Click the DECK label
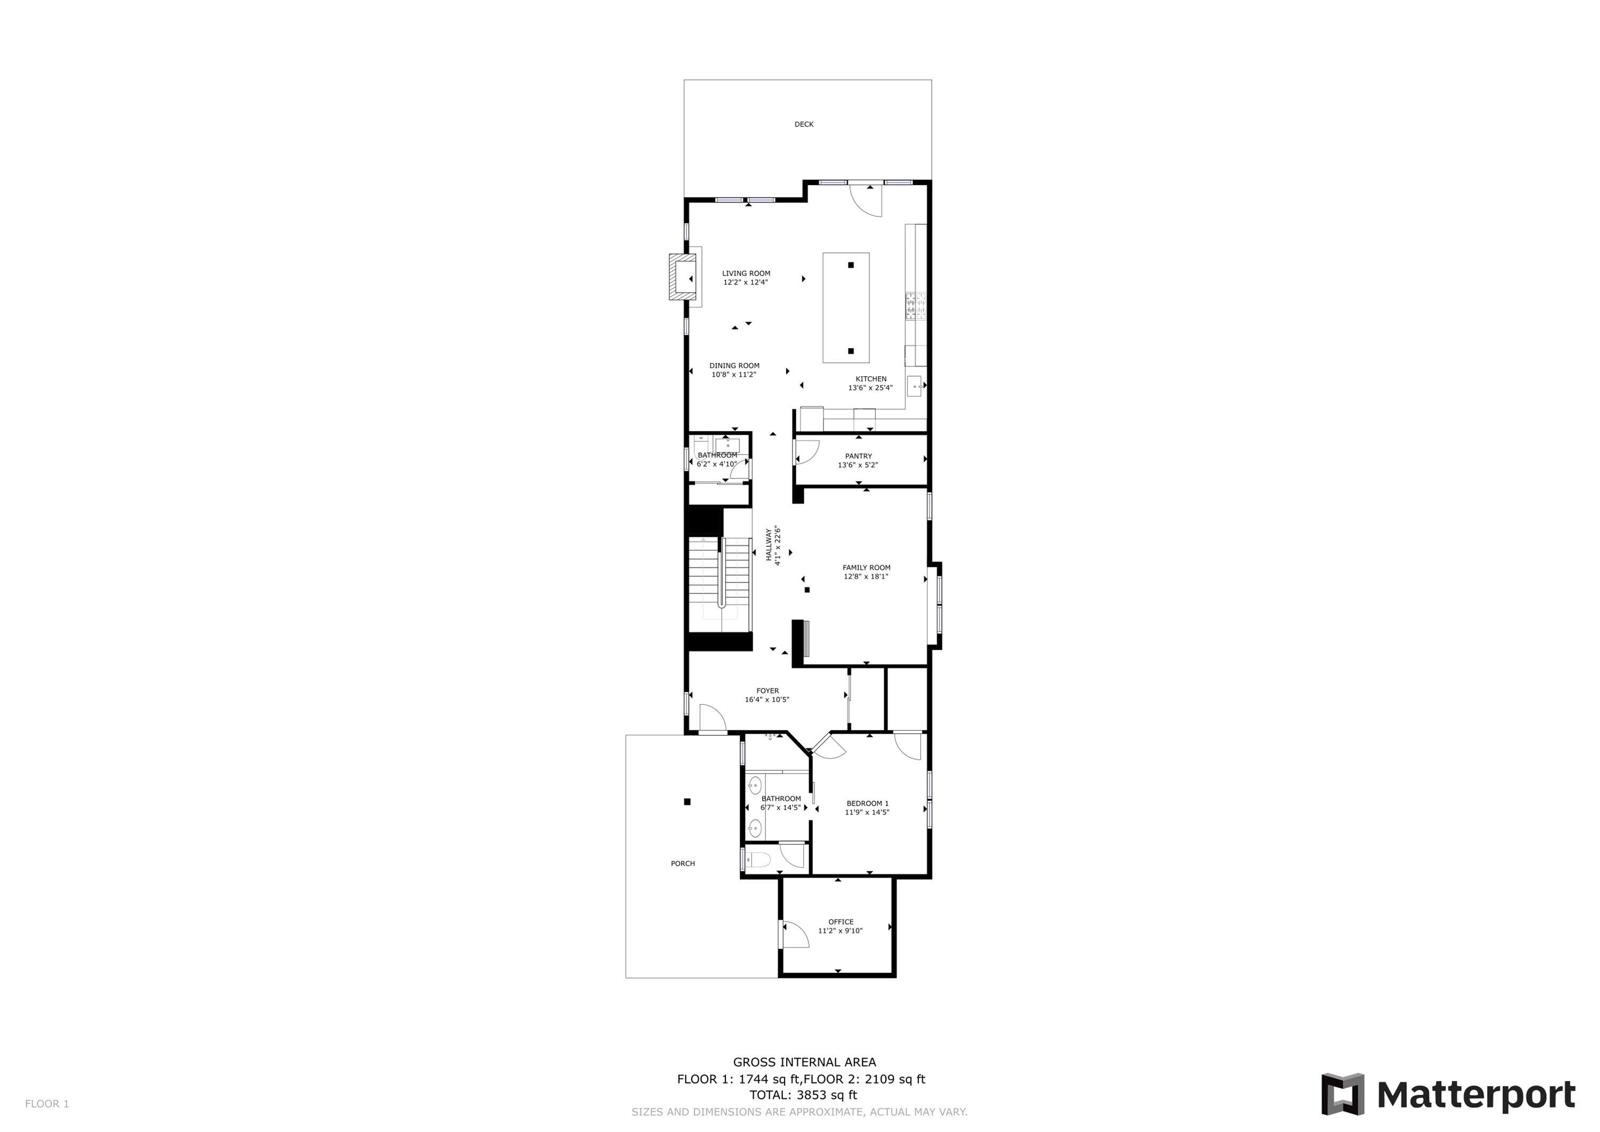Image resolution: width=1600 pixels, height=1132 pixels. [x=804, y=125]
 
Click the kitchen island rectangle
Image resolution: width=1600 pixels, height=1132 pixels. [x=845, y=307]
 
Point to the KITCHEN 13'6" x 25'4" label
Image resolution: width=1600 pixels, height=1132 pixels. [x=870, y=384]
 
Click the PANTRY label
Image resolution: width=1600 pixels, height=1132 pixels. [x=858, y=457]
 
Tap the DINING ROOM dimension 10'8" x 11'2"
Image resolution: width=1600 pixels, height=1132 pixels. [x=734, y=375]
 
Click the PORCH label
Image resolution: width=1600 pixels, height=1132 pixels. [x=682, y=864]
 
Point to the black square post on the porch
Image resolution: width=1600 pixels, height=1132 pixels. [x=687, y=802]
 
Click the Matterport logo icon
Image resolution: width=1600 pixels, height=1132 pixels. [x=1342, y=1094]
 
